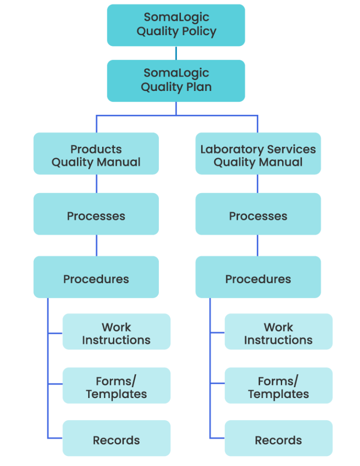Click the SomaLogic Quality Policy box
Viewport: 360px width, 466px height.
[x=176, y=25]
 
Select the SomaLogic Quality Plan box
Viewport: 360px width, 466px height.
[x=176, y=81]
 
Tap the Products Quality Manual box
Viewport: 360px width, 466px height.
[x=96, y=154]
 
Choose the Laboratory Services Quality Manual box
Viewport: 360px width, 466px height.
[x=258, y=154]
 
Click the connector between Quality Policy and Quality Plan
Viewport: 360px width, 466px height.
[x=176, y=53]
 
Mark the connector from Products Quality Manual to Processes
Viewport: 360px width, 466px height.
[x=97, y=184]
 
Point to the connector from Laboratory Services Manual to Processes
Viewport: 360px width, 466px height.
[x=257, y=184]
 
